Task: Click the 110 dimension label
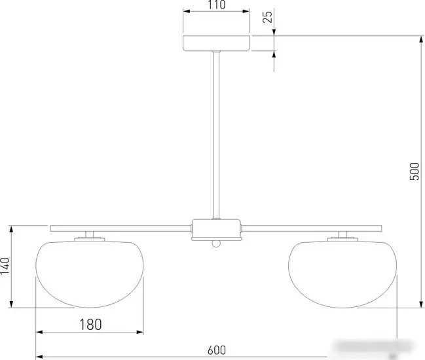click(217, 5)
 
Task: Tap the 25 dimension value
click(268, 17)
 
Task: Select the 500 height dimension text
click(415, 171)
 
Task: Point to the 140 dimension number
click(5, 266)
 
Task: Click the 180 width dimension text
click(90, 324)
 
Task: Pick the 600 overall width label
click(217, 350)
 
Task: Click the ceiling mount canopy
click(216, 43)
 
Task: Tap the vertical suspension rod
click(216, 135)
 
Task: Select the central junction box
click(216, 230)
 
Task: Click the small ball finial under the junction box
click(216, 243)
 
